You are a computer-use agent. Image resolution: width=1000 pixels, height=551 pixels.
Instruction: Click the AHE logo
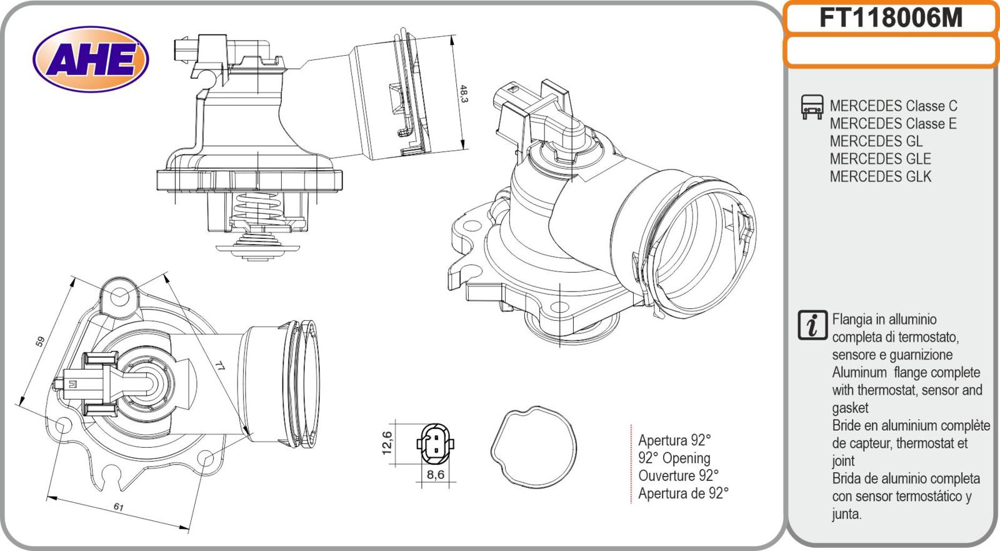click(91, 60)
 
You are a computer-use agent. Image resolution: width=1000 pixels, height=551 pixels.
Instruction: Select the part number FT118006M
click(891, 18)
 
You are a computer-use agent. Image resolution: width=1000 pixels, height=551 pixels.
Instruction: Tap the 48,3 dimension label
click(463, 93)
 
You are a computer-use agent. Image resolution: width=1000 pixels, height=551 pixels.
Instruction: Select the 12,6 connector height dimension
click(387, 443)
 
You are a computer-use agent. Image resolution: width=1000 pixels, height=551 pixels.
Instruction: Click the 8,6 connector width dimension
click(435, 475)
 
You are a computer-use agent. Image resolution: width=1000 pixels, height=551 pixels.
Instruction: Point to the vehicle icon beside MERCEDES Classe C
click(811, 108)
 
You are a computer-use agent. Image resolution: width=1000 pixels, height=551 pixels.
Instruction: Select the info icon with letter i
click(812, 325)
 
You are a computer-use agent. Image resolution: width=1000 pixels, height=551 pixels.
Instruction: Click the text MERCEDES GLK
click(880, 177)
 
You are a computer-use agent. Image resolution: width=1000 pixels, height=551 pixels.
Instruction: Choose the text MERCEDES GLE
click(880, 159)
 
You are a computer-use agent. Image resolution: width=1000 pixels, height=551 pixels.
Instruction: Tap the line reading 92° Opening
click(674, 458)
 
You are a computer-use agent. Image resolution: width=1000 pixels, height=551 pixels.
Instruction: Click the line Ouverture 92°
click(678, 475)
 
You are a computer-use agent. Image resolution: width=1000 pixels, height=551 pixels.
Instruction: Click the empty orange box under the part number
click(891, 51)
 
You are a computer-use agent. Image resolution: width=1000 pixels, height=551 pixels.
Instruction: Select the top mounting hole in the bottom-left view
click(120, 295)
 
